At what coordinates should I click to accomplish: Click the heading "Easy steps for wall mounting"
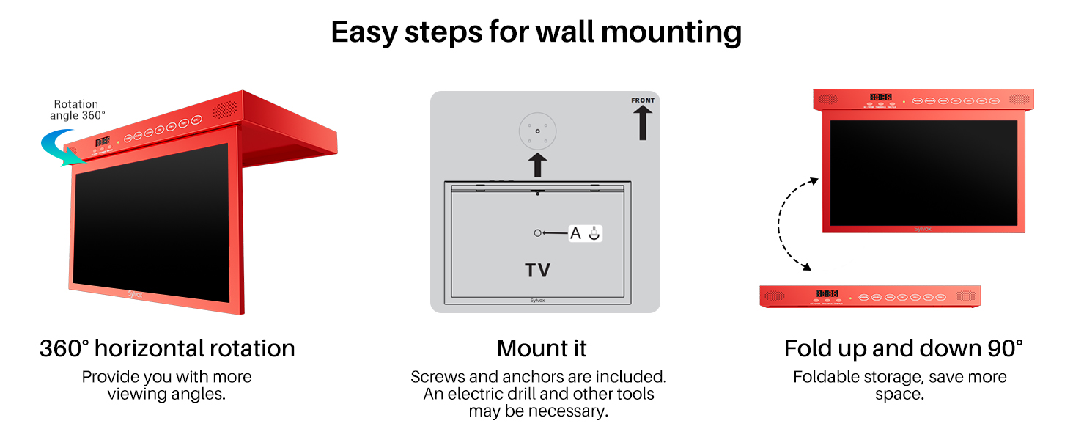tap(536, 32)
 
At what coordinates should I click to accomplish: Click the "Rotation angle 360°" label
tap(77, 109)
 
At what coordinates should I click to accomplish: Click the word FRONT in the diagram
tap(643, 100)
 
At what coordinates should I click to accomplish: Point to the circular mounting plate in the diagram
tap(538, 131)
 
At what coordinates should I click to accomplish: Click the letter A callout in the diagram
tap(575, 233)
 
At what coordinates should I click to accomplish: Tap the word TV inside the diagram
tap(537, 271)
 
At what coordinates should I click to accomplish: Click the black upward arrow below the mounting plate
tap(539, 165)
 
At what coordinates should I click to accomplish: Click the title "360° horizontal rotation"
tap(167, 348)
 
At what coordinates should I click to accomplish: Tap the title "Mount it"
tap(542, 348)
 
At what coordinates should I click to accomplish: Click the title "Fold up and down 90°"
tap(903, 348)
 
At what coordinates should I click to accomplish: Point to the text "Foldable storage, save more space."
tap(899, 385)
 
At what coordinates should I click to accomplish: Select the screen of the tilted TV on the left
tap(151, 221)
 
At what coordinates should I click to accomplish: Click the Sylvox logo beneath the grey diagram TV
tap(538, 300)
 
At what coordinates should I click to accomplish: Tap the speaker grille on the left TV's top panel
tap(225, 109)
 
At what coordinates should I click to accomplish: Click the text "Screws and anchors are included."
tap(539, 377)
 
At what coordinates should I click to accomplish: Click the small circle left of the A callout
tap(538, 233)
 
